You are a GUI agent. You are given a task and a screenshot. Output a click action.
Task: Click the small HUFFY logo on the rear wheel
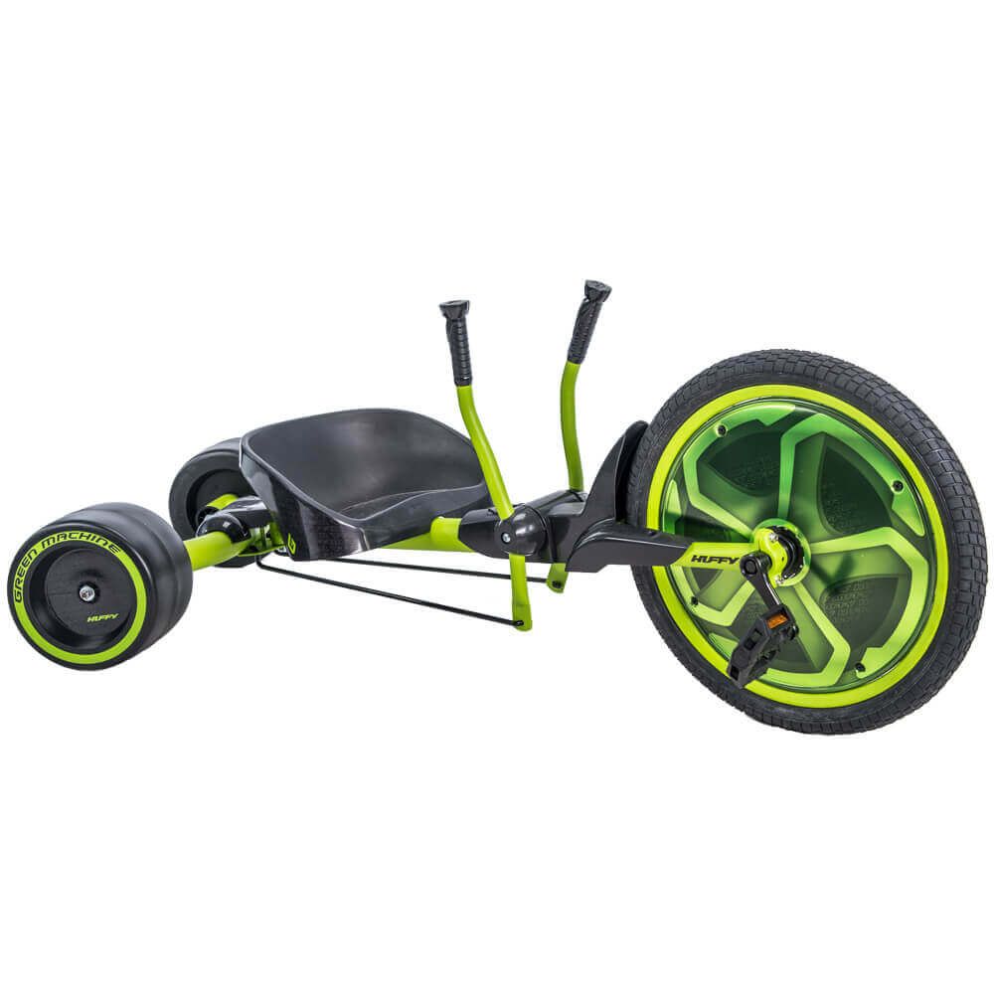102,617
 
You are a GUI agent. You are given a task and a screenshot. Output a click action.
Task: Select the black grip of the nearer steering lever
457,343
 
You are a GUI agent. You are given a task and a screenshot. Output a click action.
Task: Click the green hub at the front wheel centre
773,545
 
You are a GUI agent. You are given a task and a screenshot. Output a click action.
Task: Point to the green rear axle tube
214,547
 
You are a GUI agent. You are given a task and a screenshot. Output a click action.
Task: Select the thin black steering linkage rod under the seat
388,591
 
